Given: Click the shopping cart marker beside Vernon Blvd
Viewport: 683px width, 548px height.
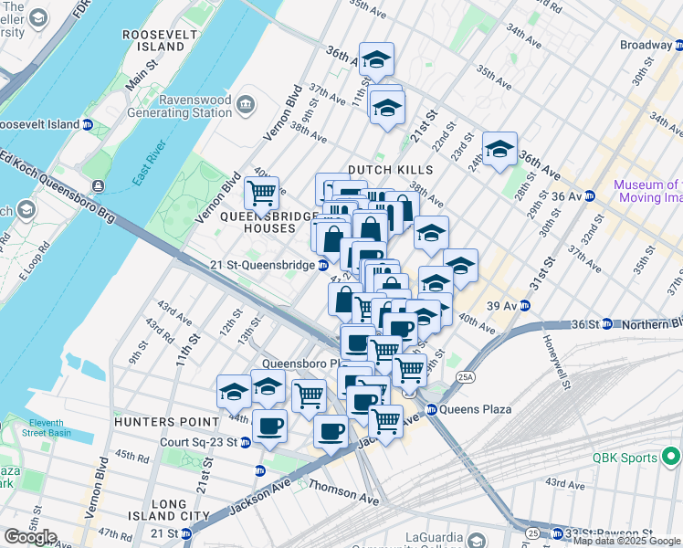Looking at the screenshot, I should [262, 193].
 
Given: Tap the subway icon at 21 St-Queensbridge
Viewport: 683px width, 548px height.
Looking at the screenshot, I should [323, 265].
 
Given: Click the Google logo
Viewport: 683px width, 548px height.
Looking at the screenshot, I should [30, 536].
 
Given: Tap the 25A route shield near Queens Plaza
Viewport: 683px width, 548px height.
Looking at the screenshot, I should [466, 375].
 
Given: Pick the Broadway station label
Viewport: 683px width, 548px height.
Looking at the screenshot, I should [646, 45].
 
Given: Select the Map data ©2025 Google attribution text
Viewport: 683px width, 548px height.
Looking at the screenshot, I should [625, 541].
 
